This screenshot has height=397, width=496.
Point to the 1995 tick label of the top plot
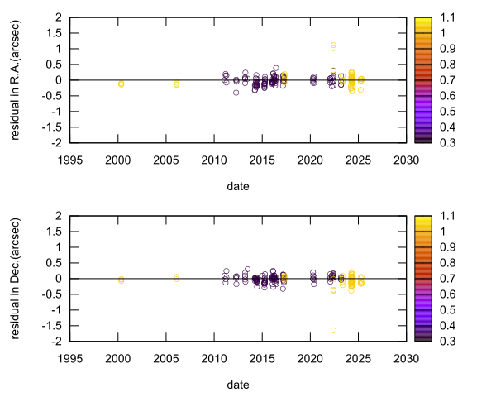(x=70, y=159)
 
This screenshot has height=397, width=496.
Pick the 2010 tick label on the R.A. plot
(x=214, y=159)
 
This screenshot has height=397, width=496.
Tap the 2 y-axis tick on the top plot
(x=60, y=17)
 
